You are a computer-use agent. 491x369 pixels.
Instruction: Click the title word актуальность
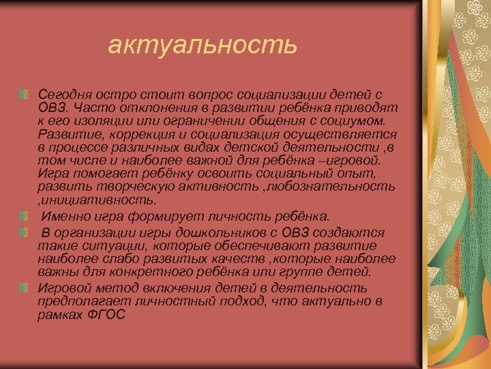coord(203,46)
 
